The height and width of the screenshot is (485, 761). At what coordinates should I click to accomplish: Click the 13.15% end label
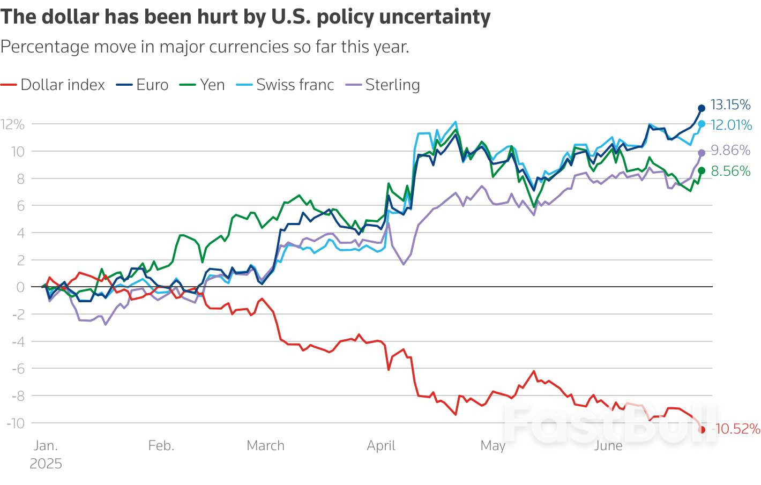730,105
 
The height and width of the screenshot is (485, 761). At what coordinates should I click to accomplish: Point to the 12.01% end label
732,125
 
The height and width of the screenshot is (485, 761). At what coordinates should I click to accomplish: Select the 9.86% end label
730,150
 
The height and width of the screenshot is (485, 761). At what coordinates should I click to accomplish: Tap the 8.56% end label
730,171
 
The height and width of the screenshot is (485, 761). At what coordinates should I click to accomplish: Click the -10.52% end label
736,429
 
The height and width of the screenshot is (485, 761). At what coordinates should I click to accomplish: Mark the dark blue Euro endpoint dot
702,108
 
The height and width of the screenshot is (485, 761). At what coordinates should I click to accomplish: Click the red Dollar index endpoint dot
702,429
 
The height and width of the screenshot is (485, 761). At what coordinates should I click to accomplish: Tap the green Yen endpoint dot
702,170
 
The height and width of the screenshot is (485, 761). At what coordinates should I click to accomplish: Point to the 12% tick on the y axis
13,124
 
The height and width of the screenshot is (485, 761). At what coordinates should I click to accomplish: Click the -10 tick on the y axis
15,423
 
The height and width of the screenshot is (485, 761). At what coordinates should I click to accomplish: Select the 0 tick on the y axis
20,287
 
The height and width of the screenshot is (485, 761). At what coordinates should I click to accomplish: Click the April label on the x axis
381,445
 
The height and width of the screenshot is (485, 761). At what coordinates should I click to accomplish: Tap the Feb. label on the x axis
161,445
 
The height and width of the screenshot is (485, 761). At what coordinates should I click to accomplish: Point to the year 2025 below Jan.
46,464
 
